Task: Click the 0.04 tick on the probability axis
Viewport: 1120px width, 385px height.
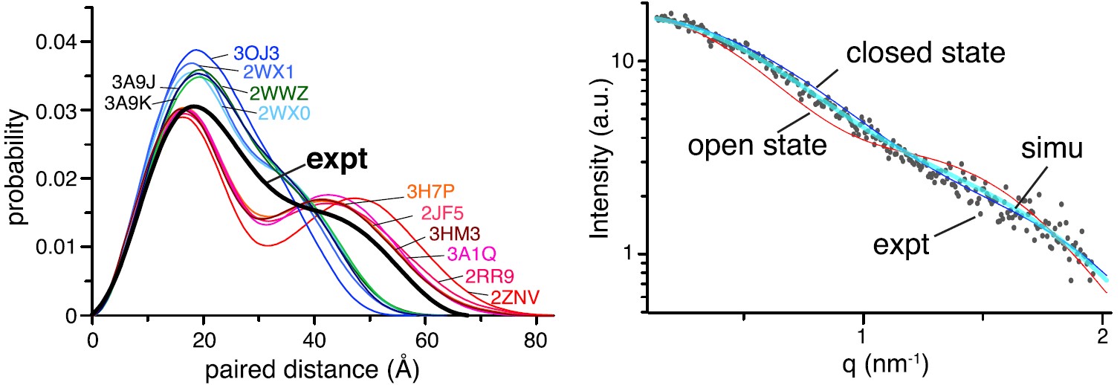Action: (x=57, y=41)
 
